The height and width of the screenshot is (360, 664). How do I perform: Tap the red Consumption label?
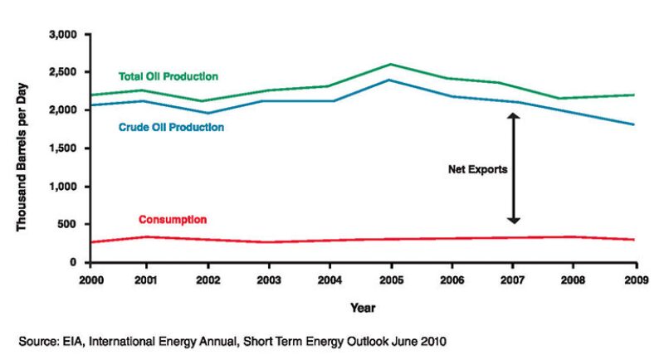pyautogui.click(x=173, y=220)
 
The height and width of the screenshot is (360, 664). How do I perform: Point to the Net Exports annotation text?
pyautogui.click(x=477, y=168)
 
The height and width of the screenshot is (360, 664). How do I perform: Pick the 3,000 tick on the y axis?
pyautogui.click(x=62, y=35)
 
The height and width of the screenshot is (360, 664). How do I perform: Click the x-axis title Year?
pyautogui.click(x=363, y=308)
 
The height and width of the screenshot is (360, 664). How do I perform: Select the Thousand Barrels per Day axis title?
pyautogui.click(x=22, y=148)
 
